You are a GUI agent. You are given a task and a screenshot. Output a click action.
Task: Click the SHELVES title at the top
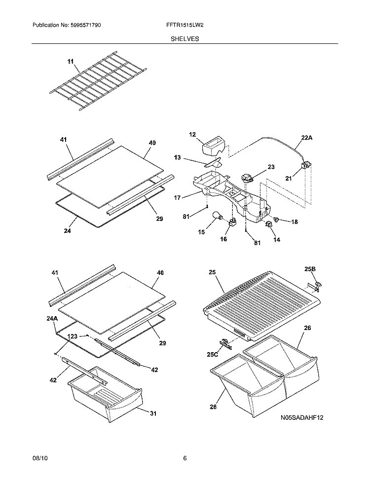[x=185, y=39]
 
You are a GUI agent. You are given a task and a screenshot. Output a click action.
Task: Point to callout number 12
[x=192, y=134]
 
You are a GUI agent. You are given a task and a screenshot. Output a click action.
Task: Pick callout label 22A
[x=307, y=138]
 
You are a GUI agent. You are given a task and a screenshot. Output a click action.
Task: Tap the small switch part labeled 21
[x=306, y=166]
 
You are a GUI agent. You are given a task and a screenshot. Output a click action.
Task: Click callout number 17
[x=178, y=198]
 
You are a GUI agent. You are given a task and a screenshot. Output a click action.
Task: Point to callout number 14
[x=276, y=240]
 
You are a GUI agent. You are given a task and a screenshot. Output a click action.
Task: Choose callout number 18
[x=295, y=222]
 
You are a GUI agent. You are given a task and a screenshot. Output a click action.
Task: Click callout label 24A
[x=52, y=319]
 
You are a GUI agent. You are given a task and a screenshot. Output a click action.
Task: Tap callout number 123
[x=72, y=336]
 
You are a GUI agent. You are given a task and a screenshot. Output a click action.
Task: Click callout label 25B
[x=310, y=269]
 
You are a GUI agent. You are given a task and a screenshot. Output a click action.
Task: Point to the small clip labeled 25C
[x=225, y=343]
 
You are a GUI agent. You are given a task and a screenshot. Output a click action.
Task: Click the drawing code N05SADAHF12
[x=302, y=417]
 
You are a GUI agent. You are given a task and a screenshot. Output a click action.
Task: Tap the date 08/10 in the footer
[x=40, y=458]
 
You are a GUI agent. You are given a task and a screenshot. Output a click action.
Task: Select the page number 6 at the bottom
[x=185, y=458]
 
